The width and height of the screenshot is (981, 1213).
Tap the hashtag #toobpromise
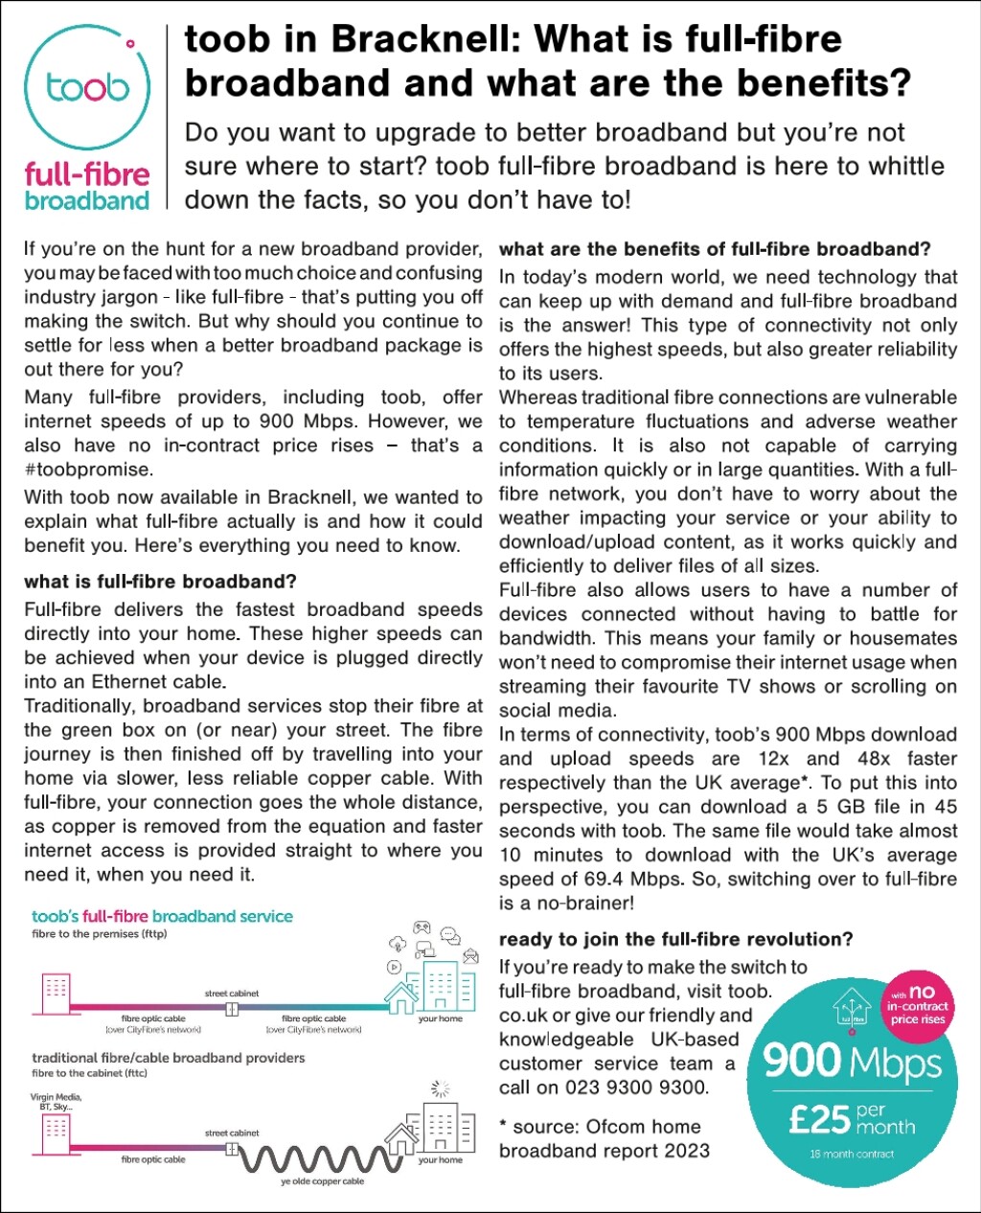[88, 469]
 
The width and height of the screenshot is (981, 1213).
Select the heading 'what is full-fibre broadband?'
[160, 582]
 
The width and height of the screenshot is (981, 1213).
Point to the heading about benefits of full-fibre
[715, 249]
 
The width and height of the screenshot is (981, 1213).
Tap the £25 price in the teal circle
[819, 1119]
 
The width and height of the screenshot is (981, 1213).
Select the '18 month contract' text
[852, 1154]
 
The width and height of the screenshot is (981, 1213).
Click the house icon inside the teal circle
[850, 1009]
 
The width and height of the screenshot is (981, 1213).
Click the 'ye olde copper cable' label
[322, 1182]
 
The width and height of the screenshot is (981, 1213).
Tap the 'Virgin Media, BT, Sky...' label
[57, 1101]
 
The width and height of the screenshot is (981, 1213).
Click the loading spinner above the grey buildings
[441, 1088]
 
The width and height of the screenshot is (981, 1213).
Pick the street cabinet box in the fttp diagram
[231, 1009]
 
